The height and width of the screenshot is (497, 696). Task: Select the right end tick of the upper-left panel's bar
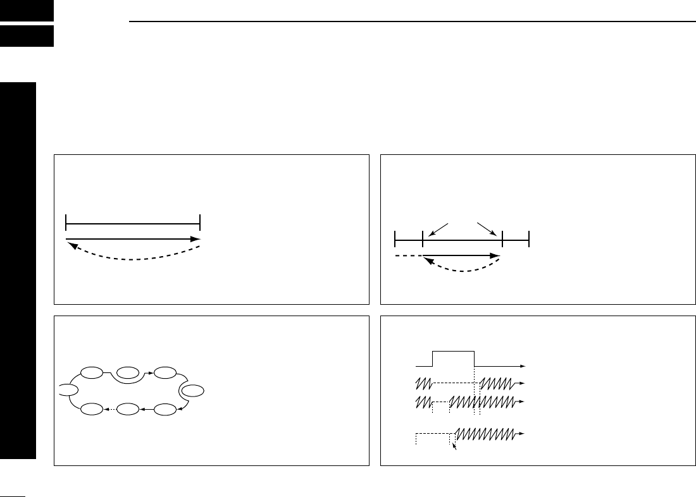(200, 222)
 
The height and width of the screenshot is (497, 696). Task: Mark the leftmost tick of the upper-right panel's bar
(395, 240)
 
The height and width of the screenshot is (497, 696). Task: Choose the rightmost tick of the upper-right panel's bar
(528, 240)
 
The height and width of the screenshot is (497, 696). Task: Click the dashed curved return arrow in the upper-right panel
(462, 269)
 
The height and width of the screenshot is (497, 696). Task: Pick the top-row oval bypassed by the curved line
(128, 372)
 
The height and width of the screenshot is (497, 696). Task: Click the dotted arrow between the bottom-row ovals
(110, 410)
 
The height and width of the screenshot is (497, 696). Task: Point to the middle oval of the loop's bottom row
(128, 410)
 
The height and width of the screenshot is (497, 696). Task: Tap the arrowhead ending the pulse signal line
(523, 366)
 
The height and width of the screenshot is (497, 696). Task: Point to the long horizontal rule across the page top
(411, 21)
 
